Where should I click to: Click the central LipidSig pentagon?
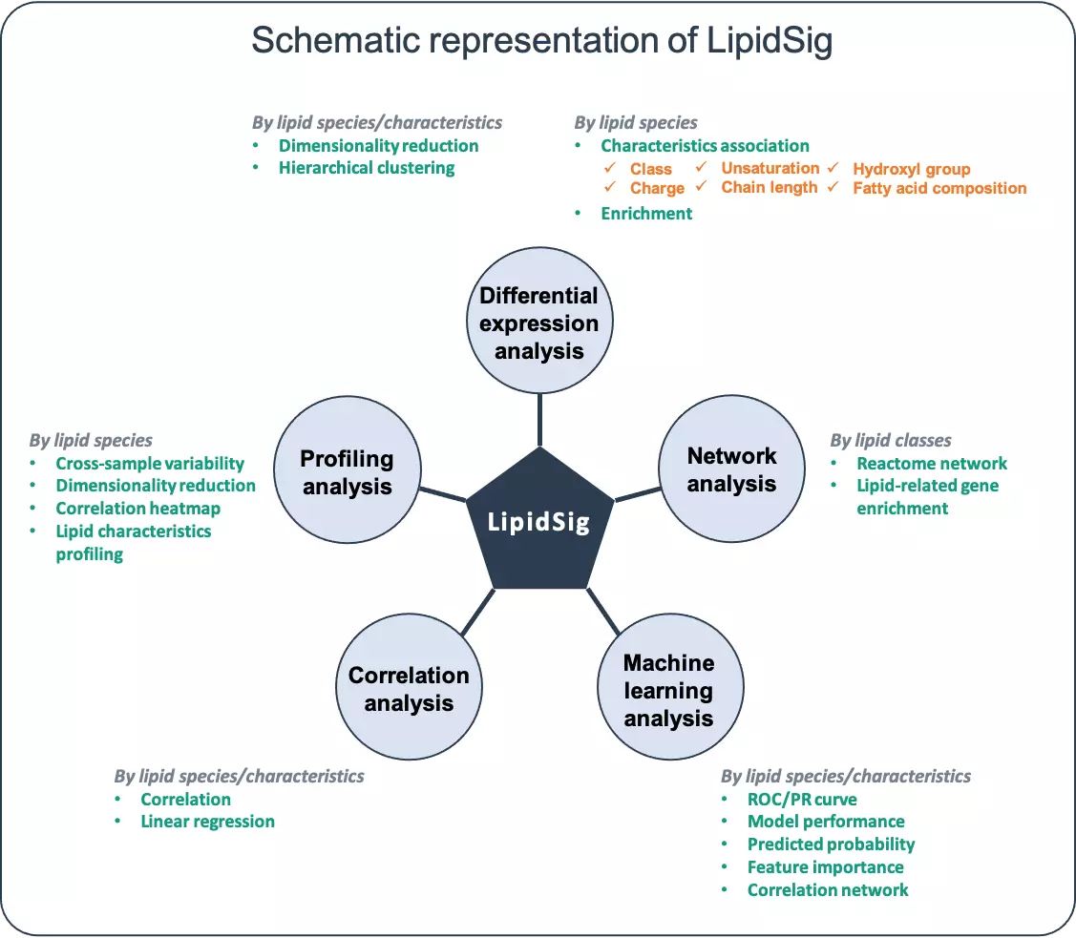[538, 522]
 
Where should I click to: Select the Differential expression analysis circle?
[539, 323]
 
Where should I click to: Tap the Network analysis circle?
[731, 469]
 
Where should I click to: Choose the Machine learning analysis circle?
[668, 690]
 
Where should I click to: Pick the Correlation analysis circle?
[409, 689]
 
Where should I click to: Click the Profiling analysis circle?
[347, 472]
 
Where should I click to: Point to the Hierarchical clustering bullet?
[367, 168]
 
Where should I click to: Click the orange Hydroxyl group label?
[911, 170]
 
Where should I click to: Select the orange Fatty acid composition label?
[939, 189]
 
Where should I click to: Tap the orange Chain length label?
[770, 188]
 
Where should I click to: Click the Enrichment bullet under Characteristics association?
[646, 214]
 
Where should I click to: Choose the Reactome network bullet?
[932, 464]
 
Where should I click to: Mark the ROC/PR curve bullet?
[802, 800]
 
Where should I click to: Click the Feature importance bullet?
[825, 867]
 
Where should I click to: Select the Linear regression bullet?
[207, 822]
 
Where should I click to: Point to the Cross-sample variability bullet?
[150, 464]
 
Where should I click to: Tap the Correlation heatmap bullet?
[137, 509]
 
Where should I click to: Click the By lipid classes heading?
[891, 440]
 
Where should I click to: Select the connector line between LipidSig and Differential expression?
[539, 421]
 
